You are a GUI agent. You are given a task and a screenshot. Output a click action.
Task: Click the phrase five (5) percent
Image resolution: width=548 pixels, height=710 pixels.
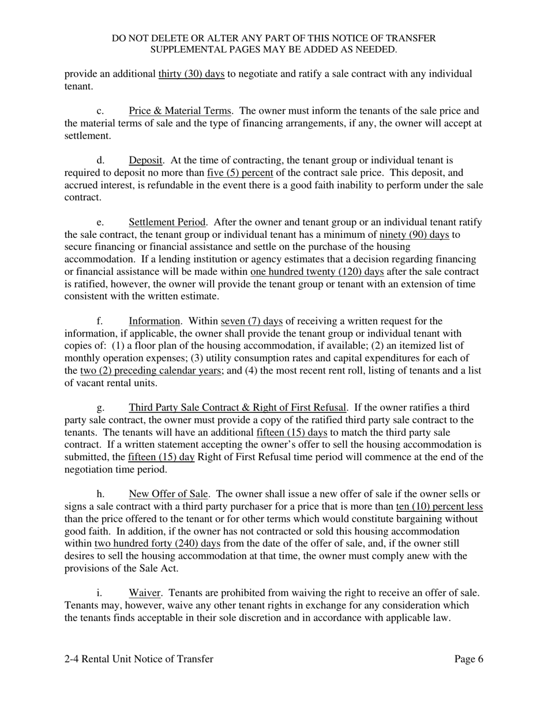point(239,173)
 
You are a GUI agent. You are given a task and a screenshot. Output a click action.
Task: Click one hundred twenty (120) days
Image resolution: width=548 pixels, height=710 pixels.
point(317,271)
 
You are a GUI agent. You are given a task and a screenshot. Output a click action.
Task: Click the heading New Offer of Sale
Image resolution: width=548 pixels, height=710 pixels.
point(168,494)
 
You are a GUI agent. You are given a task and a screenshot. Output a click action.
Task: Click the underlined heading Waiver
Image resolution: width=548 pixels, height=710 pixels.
point(144,593)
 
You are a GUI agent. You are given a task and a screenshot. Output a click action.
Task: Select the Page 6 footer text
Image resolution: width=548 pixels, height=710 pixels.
point(468,659)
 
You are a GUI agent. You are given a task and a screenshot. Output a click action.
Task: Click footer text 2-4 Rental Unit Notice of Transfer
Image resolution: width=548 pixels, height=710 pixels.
point(138,659)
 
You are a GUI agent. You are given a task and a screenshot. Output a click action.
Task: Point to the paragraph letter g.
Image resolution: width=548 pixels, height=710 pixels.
point(100,408)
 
